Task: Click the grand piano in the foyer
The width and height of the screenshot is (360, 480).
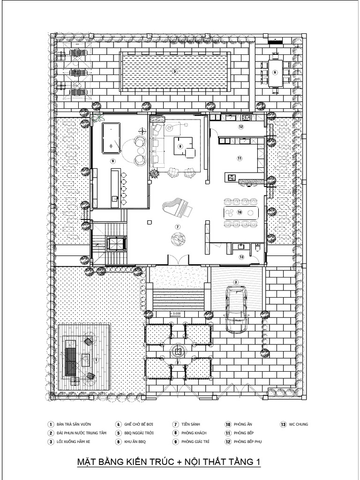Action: (178, 207)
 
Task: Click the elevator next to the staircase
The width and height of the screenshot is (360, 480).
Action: (114, 244)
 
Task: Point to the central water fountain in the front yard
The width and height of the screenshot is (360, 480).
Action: (178, 351)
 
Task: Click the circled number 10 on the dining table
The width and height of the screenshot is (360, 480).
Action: (240, 212)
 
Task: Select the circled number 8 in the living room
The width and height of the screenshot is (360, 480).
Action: (180, 146)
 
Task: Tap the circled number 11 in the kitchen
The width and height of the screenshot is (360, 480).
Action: (240, 158)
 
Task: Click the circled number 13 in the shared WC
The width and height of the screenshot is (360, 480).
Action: (241, 257)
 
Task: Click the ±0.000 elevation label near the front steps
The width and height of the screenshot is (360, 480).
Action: (176, 314)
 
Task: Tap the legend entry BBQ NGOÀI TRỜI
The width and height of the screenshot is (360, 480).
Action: (139, 433)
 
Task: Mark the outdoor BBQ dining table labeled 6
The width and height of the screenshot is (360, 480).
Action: (275, 73)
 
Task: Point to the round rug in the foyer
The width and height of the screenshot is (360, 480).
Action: (178, 240)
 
